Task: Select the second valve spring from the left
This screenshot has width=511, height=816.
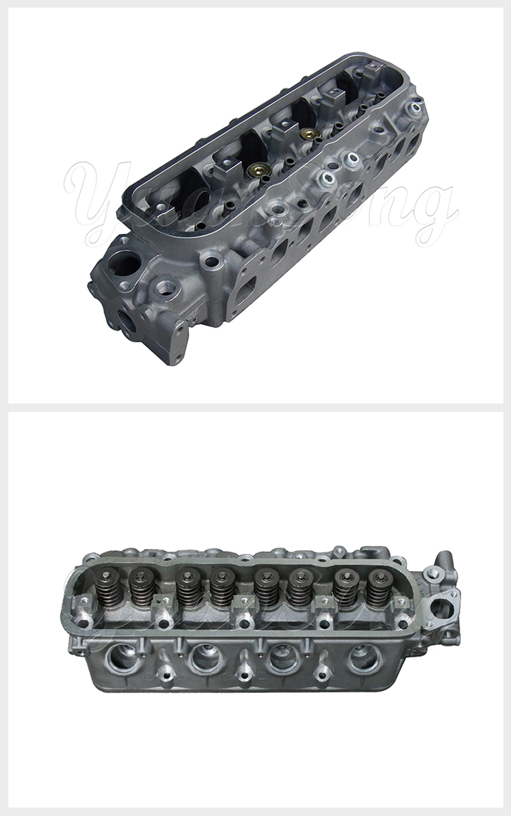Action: pyautogui.click(x=142, y=589)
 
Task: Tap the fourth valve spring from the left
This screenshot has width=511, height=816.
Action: pyautogui.click(x=222, y=589)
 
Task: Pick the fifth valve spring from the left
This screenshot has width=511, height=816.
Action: pyautogui.click(x=264, y=589)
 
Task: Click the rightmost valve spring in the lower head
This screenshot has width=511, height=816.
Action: pyautogui.click(x=378, y=589)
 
